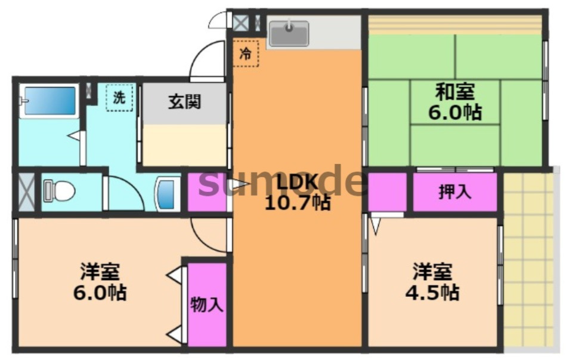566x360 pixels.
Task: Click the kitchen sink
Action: click(289, 33)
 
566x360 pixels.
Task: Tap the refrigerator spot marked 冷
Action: click(246, 53)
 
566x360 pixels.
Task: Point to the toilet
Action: click(59, 191)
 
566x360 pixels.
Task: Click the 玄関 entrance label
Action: click(184, 101)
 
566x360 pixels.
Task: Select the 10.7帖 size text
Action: click(297, 203)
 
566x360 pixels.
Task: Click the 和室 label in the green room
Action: click(455, 92)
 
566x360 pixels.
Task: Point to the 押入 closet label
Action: click(455, 192)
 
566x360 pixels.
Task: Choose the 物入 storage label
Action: click(207, 305)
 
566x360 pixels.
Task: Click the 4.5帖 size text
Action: click(434, 293)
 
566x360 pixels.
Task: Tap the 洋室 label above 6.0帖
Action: click(100, 272)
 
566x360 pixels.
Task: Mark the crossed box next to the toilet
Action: click(26, 192)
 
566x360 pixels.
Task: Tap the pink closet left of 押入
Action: click(386, 192)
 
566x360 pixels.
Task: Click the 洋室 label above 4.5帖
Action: click(433, 272)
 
